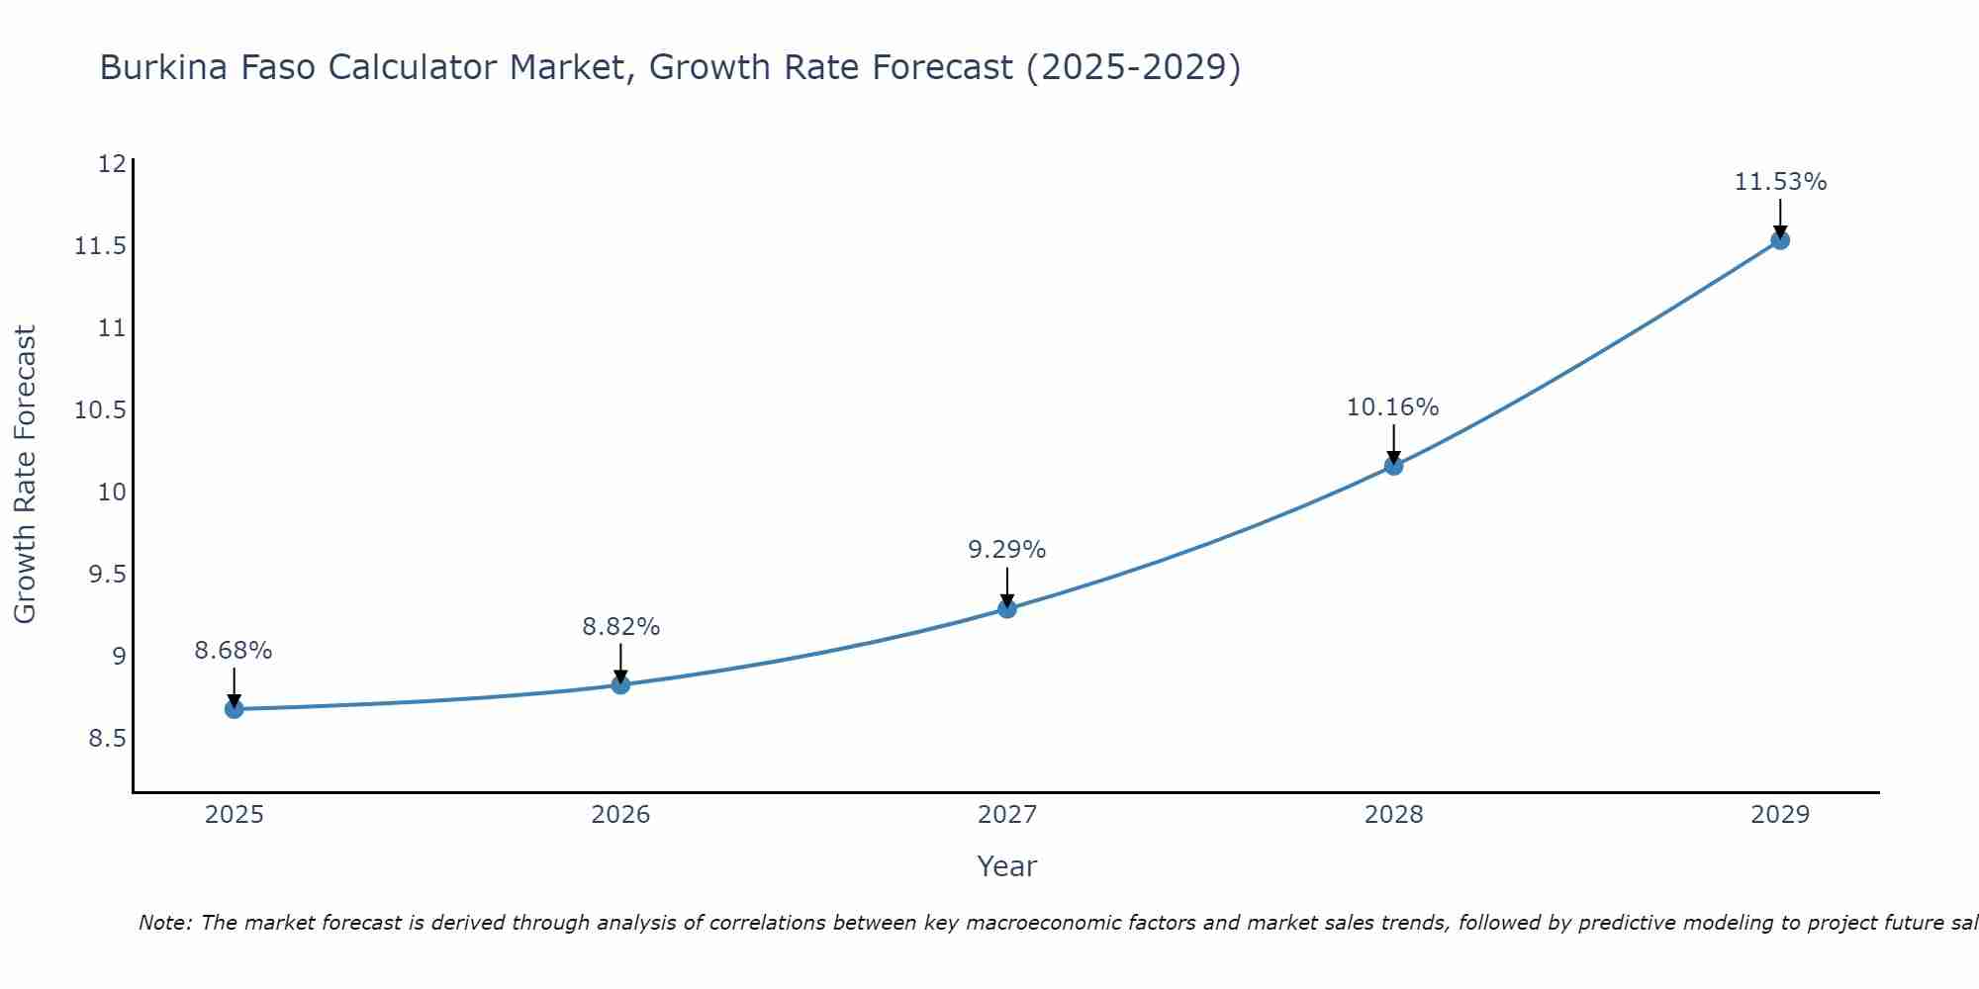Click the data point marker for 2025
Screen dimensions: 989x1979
coord(234,709)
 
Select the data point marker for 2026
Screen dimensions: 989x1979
coord(620,684)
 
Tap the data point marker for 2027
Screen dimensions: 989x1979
coord(1007,608)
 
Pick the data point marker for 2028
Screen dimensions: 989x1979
coord(1393,465)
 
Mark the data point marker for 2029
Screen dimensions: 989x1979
coord(1780,239)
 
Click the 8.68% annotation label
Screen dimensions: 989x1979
coord(234,651)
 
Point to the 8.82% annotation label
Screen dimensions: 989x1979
coord(620,626)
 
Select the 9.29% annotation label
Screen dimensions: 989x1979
coord(1007,550)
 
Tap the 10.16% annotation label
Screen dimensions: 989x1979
coord(1392,407)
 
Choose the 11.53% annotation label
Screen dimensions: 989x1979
coord(1780,182)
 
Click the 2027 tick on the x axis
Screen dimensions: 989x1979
coord(1007,815)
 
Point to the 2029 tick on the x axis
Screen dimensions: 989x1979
coord(1780,815)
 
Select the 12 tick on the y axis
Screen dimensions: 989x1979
coord(114,163)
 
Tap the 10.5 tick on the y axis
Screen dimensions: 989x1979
coord(101,409)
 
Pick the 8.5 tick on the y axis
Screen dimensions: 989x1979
coord(108,739)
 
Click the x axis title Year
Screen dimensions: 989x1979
coord(1006,866)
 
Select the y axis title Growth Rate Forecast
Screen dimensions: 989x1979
coord(26,475)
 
